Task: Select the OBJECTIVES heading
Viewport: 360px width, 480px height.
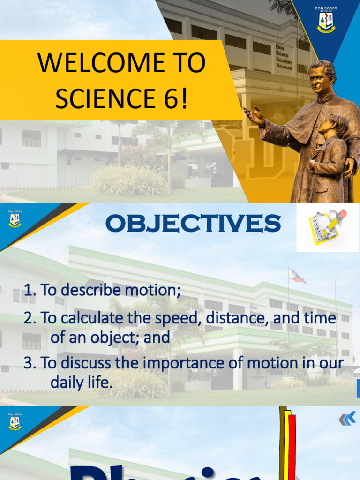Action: [193, 224]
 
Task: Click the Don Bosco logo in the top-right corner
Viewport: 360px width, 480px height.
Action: [326, 21]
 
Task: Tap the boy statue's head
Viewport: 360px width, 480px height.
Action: [337, 125]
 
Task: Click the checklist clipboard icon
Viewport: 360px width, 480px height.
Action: [327, 227]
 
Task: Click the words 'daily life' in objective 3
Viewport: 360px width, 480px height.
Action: [82, 382]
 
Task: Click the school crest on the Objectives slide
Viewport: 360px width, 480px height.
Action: [15, 219]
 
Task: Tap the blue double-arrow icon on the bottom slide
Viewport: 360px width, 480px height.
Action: [347, 419]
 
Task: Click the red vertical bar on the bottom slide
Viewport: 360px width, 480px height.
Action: [292, 445]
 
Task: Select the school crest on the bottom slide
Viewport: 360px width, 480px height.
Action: [15, 422]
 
